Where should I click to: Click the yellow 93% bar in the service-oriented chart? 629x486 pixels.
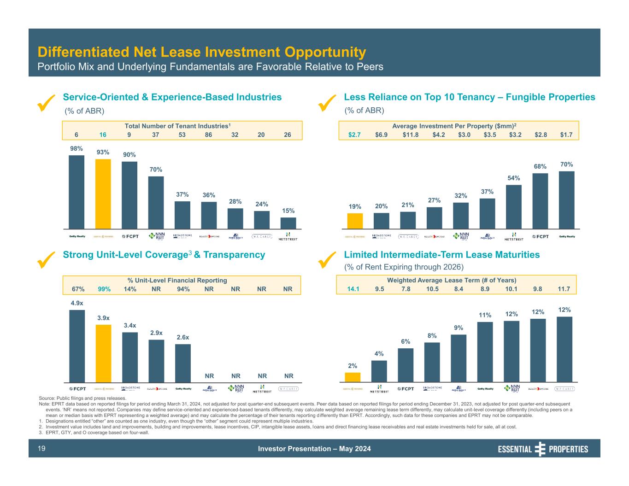[103, 193]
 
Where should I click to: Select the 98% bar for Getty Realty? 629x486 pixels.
[76, 192]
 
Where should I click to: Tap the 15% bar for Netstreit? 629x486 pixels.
[288, 223]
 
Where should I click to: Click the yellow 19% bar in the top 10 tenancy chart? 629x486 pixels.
[355, 221]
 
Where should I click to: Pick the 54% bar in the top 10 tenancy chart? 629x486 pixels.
[513, 206]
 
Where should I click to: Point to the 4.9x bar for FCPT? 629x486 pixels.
[77, 345]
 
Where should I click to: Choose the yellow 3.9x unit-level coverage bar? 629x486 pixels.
[103, 353]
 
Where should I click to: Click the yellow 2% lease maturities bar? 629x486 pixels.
[353, 377]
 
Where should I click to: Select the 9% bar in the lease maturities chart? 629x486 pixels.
[459, 358]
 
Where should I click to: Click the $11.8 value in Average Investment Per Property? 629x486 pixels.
[410, 135]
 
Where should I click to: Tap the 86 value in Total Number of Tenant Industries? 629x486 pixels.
[208, 135]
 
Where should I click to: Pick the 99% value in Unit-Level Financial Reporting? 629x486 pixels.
[104, 289]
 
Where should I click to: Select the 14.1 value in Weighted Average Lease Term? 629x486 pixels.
[353, 289]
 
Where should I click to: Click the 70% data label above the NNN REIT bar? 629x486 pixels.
[156, 170]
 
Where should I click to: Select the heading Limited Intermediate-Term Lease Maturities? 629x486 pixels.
[441, 255]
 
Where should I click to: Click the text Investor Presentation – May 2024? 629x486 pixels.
[314, 449]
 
